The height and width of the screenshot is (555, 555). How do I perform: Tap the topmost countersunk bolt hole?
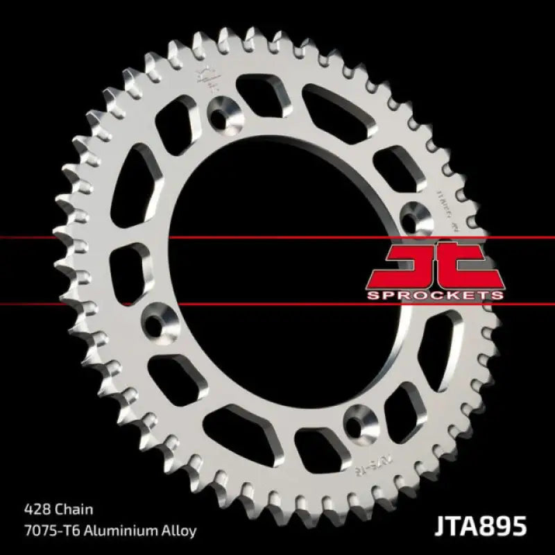pos(223,112)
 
